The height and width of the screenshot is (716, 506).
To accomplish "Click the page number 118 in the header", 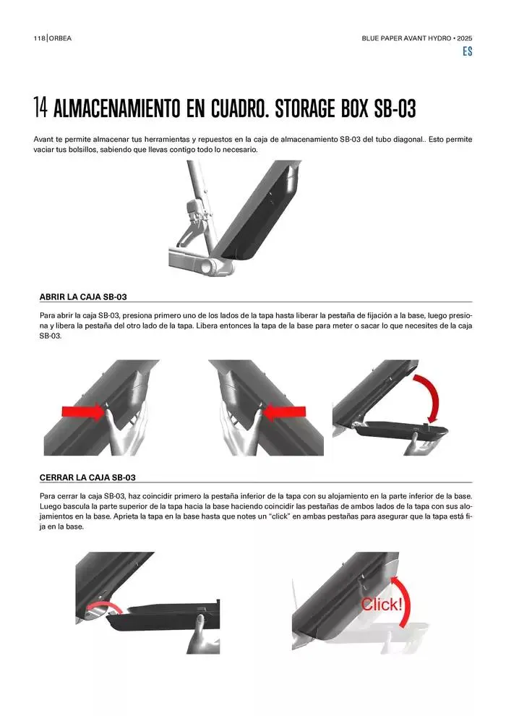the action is point(39,38).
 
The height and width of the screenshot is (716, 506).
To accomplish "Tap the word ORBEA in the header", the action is point(60,38).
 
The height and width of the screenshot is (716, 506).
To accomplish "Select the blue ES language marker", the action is point(467,51).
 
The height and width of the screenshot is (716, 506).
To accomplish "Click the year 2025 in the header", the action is point(465,38).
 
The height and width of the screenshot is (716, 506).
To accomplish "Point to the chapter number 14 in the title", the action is point(40,108).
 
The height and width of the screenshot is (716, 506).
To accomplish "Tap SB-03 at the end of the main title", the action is point(395,108).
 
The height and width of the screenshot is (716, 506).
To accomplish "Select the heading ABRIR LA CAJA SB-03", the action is point(83,297).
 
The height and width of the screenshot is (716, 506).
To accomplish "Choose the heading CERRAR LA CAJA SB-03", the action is point(87,477).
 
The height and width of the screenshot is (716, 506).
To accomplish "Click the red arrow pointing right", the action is point(84,412).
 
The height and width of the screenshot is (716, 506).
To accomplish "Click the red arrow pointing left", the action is point(284,412).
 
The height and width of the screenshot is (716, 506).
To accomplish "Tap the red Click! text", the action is point(382,605).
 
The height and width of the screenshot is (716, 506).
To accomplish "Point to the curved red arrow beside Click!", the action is point(406,599).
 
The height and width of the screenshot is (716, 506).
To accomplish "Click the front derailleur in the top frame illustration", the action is point(195,218).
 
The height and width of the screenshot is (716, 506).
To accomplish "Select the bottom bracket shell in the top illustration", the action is point(213,266).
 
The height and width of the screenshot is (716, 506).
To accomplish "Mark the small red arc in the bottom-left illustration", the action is point(104,605).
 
